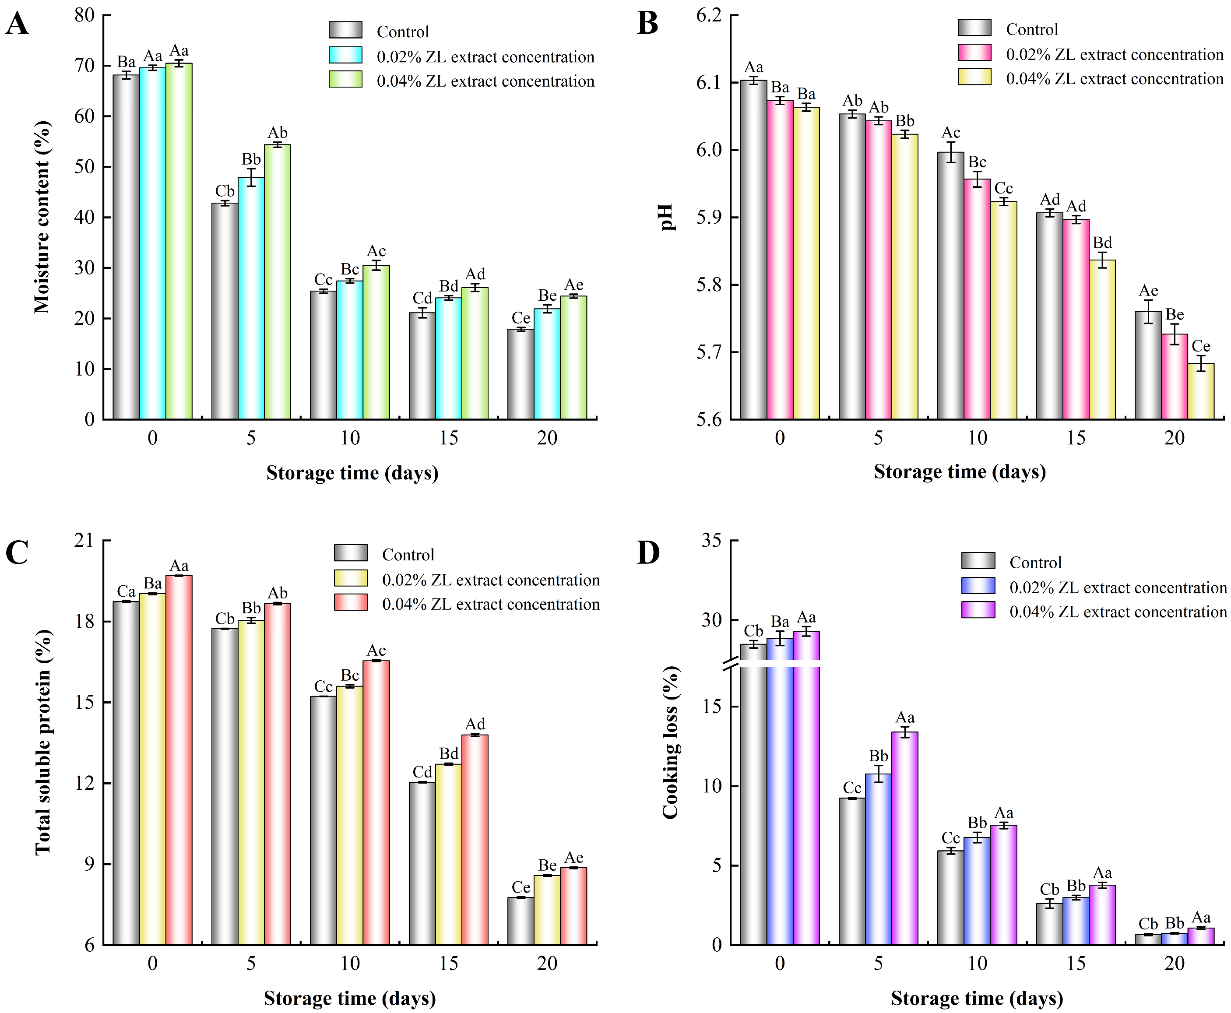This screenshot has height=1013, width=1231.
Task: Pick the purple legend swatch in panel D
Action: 978,610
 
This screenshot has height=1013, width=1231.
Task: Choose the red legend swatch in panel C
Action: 350,603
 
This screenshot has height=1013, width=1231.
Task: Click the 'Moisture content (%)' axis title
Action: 42,217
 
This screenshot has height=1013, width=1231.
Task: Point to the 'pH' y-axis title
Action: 667,217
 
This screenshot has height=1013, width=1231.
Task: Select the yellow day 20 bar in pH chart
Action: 1201,391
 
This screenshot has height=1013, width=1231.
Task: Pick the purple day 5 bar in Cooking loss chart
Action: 904,837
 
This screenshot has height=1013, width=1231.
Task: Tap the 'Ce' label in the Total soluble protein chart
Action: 521,887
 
